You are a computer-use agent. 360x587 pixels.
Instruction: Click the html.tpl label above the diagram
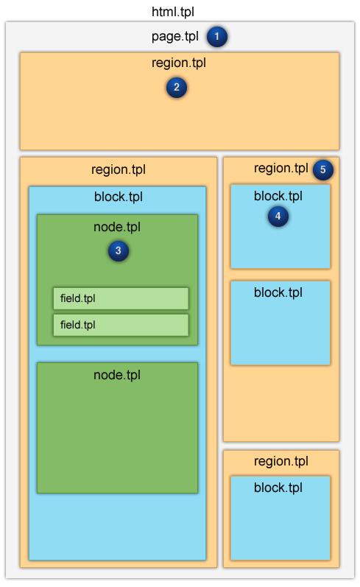(173, 12)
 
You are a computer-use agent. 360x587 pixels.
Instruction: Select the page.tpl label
(174, 37)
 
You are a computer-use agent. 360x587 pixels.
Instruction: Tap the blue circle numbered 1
(216, 37)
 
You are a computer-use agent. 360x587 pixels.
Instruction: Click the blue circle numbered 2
(177, 87)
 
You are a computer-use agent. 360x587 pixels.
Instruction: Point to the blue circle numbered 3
(119, 250)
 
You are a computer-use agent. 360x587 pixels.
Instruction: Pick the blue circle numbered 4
(278, 216)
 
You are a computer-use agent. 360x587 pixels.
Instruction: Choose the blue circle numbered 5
(322, 169)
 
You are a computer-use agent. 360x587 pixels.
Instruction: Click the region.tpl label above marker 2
(179, 63)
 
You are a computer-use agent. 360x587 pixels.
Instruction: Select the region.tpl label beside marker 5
(281, 169)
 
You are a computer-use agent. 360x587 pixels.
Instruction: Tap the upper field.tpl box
(121, 298)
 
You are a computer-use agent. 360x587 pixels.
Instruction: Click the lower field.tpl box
(121, 325)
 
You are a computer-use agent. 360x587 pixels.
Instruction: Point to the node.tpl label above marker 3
(117, 227)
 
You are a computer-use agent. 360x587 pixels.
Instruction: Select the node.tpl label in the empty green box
(117, 375)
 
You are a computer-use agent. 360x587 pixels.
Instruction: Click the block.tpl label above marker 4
(278, 196)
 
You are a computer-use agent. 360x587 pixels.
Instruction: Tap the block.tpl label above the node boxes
(119, 197)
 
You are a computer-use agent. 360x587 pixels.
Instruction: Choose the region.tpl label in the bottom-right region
(281, 461)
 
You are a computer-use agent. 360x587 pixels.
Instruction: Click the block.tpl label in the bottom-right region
(278, 488)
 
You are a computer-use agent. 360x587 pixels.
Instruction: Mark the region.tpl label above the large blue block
(119, 169)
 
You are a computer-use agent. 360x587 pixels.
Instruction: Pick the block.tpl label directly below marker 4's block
(278, 292)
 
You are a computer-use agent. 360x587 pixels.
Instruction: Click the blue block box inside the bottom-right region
(280, 518)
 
